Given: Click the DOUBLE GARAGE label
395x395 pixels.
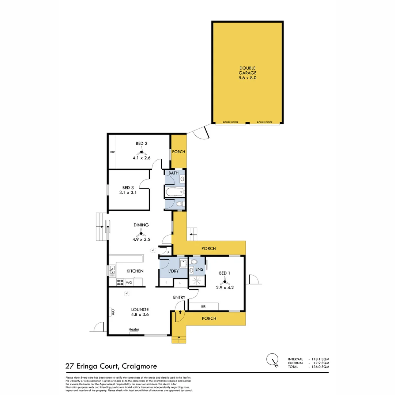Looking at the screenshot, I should coord(247,73).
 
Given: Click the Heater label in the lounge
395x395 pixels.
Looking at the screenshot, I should coord(134,330).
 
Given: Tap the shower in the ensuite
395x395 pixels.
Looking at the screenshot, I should coord(196,281).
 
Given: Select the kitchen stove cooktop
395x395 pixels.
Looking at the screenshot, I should coord(120,282).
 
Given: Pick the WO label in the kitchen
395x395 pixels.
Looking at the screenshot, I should coord(129,283).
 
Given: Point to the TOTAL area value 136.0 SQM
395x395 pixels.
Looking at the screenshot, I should coord(320,366).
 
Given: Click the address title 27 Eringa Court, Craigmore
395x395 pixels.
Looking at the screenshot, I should coord(111,366).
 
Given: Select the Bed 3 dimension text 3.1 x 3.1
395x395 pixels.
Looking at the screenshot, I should coord(128,192).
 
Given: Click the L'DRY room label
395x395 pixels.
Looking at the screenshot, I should coord(173,271).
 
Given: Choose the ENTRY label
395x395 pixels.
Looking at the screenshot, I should coord(179,297).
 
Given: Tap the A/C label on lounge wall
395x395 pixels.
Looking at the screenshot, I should coord(113,312).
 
